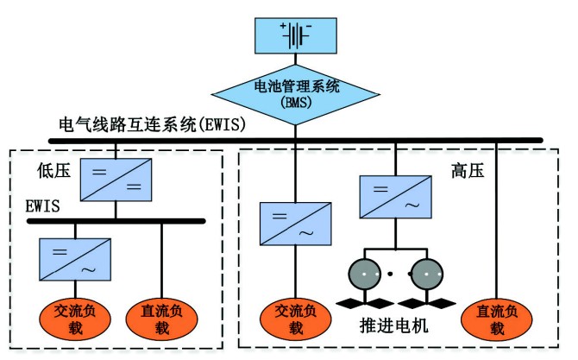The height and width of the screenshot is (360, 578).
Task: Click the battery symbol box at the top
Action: (295, 34)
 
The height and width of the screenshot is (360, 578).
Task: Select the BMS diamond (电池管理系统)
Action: (295, 91)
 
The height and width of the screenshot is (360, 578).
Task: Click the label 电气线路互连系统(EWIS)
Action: (153, 125)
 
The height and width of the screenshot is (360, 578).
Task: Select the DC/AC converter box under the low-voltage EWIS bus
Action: (76, 260)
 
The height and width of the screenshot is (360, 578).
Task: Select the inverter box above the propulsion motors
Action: (395, 198)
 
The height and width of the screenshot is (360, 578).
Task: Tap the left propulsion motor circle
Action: (365, 275)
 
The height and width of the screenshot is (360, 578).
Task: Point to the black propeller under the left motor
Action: (365, 303)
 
